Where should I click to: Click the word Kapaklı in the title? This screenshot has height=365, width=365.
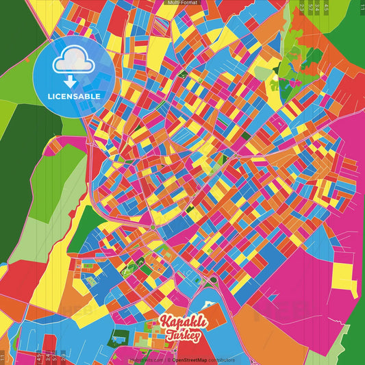point(179,323)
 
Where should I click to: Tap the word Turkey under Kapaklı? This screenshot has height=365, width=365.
point(183,335)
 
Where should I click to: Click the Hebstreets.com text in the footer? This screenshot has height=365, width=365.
point(144,360)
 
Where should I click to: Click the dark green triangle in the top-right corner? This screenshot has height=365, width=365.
point(357,21)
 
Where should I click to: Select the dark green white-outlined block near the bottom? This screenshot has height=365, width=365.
point(119,337)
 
